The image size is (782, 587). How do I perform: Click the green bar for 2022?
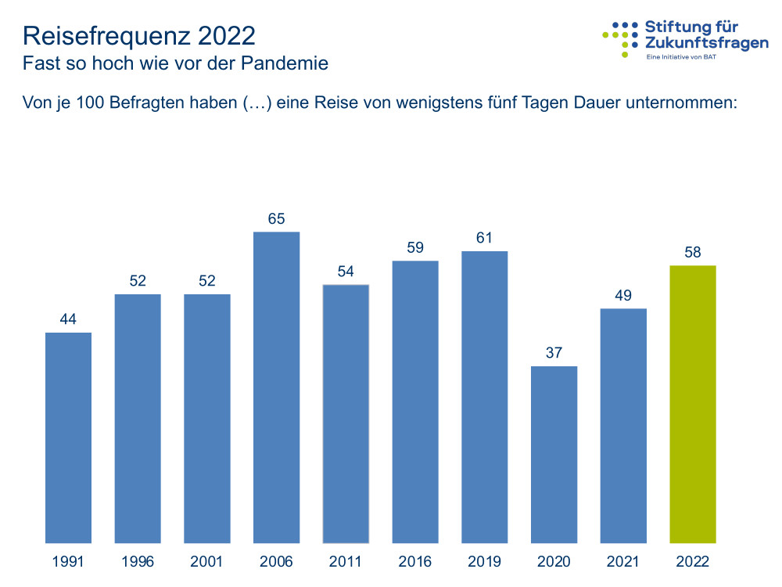pyautogui.click(x=693, y=404)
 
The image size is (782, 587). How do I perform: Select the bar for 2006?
pyautogui.click(x=276, y=387)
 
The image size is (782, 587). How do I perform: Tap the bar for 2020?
pyautogui.click(x=554, y=454)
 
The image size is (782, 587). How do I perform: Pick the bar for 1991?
pyautogui.click(x=68, y=438)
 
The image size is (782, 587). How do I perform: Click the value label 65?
pyautogui.click(x=276, y=219)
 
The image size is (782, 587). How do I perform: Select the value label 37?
pyautogui.click(x=554, y=353)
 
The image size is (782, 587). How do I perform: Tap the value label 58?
pyautogui.click(x=693, y=253)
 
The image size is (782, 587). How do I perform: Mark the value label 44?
pyautogui.click(x=68, y=319)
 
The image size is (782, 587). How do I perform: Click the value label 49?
pyautogui.click(x=623, y=296)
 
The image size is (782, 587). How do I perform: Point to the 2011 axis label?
pyautogui.click(x=346, y=562)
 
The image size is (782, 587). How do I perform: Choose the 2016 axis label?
pyautogui.click(x=415, y=562)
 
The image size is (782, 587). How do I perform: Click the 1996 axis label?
pyautogui.click(x=138, y=562)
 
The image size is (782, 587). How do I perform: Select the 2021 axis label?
pyautogui.click(x=623, y=562)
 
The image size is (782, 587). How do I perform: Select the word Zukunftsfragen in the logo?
pyautogui.click(x=706, y=45)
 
